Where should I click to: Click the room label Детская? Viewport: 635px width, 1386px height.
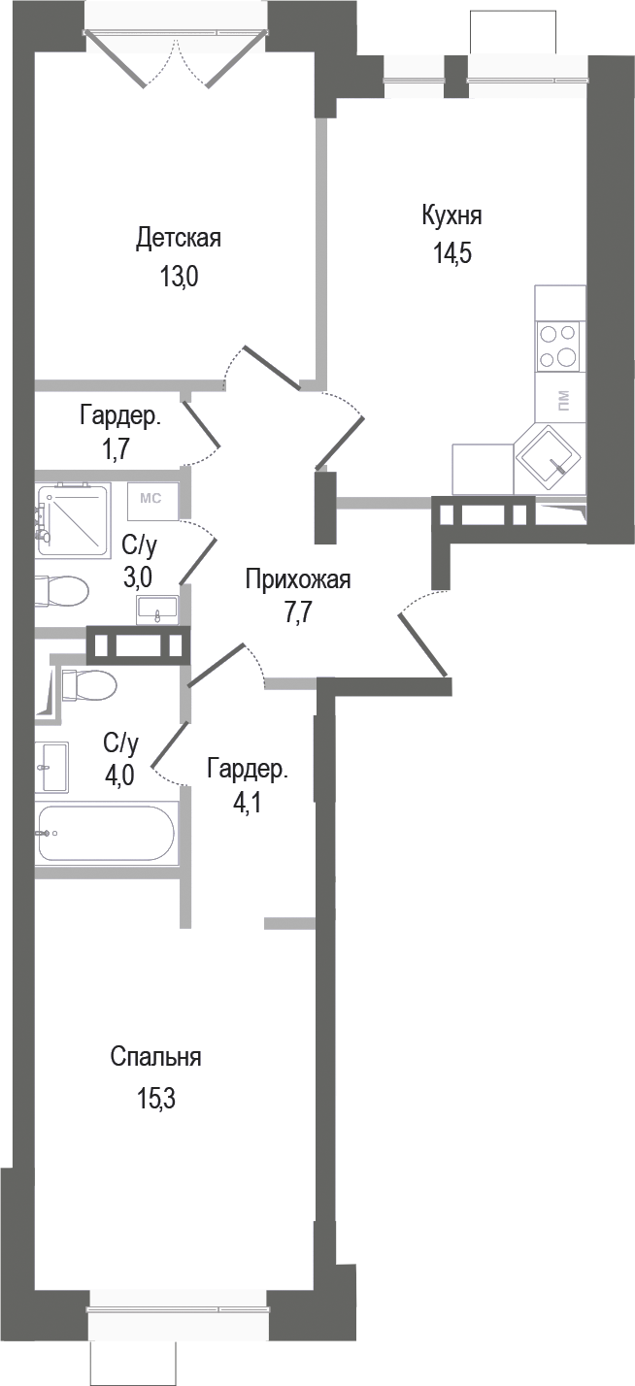[179, 238]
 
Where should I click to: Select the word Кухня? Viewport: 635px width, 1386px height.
[451, 214]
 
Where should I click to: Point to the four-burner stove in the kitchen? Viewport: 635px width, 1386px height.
[558, 346]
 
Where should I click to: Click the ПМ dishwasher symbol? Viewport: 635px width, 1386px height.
[563, 399]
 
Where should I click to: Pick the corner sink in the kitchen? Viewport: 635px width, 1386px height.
[549, 457]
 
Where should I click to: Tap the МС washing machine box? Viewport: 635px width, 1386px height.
[150, 500]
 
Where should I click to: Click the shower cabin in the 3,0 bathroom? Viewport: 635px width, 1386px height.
[74, 518]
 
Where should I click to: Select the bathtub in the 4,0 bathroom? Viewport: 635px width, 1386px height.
[106, 833]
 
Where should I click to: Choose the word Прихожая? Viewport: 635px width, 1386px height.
[297, 579]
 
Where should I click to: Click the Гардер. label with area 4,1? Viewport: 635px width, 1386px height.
[247, 770]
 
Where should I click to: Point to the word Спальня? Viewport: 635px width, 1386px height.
[155, 1057]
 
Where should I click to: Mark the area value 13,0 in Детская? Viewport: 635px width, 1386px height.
[179, 278]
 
